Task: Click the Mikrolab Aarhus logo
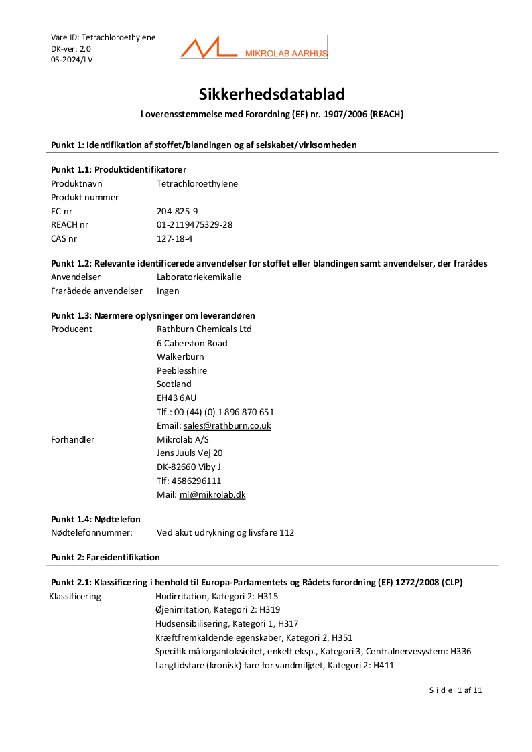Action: (253, 48)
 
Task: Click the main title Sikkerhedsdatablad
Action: (271, 94)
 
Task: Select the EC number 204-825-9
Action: (177, 211)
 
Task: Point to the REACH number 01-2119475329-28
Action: (194, 224)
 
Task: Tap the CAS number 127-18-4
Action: (174, 238)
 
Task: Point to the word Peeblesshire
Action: (182, 370)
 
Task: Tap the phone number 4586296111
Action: (197, 481)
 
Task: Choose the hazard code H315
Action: (269, 596)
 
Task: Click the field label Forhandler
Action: (72, 439)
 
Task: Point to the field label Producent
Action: (72, 329)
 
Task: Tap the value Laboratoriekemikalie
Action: (199, 277)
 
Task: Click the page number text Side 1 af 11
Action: (456, 690)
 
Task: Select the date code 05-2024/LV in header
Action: (72, 60)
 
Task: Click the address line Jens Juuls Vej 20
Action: (190, 453)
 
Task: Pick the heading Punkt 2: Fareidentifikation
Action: (105, 557)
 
